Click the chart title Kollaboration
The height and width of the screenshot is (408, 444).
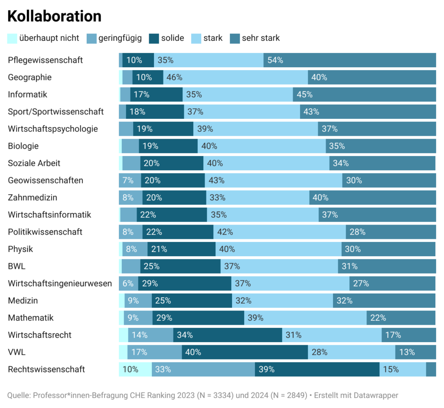pos(55,16)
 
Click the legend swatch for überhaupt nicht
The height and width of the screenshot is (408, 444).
pos(13,38)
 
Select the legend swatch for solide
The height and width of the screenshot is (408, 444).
pos(154,38)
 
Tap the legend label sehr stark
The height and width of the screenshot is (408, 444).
pos(261,38)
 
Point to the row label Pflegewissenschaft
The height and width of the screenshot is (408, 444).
pos(45,60)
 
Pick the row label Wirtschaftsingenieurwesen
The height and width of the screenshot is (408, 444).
pos(60,284)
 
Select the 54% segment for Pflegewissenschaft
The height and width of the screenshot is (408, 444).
pos(349,60)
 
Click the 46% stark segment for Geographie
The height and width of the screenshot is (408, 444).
pos(235,78)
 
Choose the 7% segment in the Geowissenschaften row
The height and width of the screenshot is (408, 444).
pos(130,180)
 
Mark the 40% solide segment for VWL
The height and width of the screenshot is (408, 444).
pos(245,352)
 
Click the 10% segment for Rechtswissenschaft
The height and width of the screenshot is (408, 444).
pos(135,369)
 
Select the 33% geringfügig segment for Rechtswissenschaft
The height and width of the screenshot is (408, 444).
pos(203,369)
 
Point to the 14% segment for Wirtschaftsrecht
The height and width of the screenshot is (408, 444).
pos(150,335)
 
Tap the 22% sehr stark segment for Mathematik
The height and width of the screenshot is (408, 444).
pos(401,318)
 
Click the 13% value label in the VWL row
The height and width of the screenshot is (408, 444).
pos(407,352)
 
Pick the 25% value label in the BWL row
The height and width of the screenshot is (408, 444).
pos(152,266)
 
